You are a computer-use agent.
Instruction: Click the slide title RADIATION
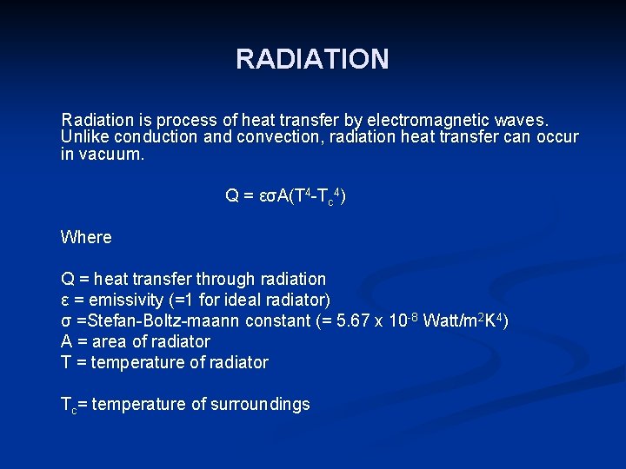(312, 59)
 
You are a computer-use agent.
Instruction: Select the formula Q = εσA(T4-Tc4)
(286, 196)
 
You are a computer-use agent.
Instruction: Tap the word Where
(86, 237)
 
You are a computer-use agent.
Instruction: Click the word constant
(276, 320)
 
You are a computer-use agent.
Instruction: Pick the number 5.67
(356, 320)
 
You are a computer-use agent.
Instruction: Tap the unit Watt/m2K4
(462, 320)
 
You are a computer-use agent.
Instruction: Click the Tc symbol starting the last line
(68, 405)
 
